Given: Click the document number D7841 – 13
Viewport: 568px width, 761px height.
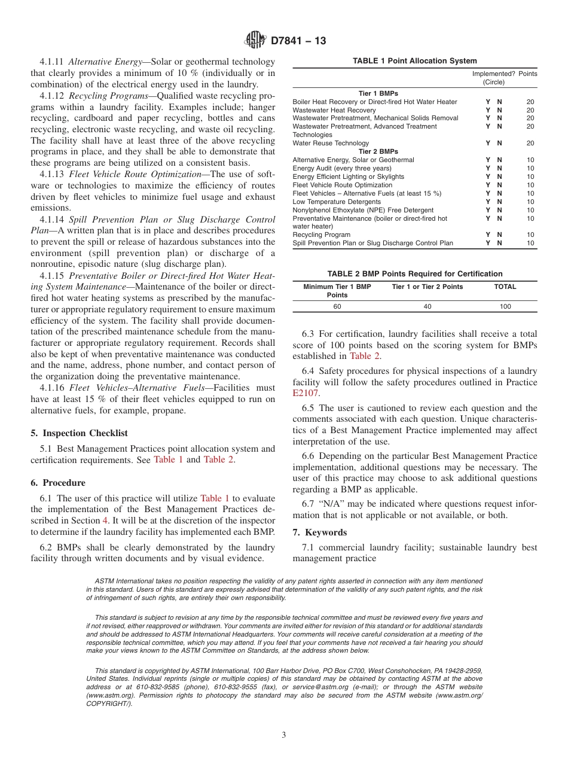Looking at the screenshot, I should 298,41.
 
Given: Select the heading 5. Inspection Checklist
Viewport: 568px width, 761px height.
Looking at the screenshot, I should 79,433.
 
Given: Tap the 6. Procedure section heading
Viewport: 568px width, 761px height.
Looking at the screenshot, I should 58,483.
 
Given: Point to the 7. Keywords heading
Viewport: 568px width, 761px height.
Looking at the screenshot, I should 320,532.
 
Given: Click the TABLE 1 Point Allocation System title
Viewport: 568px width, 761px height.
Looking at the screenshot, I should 414,61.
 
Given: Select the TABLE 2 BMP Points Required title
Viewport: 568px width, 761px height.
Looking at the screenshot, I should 414,274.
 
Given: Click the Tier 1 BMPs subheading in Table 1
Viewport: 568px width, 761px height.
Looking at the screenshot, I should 378,93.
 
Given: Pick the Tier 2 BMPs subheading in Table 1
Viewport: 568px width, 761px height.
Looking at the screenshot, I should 378,151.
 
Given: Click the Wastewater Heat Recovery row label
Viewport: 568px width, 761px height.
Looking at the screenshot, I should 334,110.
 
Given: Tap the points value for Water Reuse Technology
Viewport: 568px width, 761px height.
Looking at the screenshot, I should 530,143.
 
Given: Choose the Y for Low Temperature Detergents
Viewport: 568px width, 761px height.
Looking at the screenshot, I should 488,202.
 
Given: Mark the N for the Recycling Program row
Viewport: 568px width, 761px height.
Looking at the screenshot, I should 499,235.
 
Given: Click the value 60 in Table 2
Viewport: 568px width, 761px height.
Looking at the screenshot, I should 337,306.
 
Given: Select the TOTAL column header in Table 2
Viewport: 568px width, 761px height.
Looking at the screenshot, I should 505,287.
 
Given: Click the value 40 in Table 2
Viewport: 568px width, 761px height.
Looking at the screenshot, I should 427,306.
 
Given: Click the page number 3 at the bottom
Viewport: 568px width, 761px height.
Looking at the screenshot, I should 284,735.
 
